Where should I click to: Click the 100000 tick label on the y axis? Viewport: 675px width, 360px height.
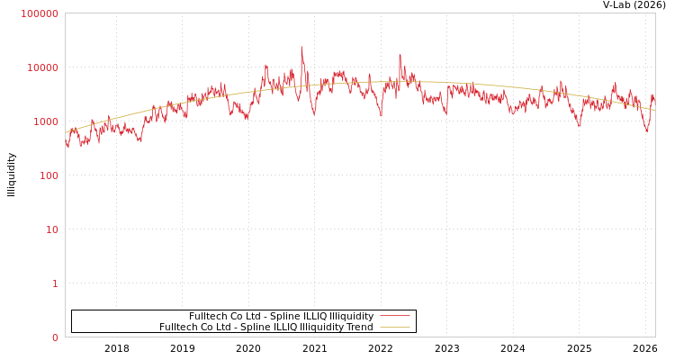pyautogui.click(x=40, y=13)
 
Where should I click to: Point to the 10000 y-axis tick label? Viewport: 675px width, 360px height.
pyautogui.click(x=42, y=67)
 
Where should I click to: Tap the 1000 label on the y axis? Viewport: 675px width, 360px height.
pyautogui.click(x=45, y=121)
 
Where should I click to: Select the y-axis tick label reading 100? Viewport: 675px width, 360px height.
pyautogui.click(x=48, y=175)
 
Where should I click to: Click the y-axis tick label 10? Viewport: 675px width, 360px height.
pyautogui.click(x=51, y=229)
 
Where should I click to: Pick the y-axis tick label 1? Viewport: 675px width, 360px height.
pyautogui.click(x=54, y=283)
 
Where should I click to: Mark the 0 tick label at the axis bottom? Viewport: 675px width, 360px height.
pyautogui.click(x=54, y=337)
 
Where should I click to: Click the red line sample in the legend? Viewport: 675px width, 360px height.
pyautogui.click(x=394, y=316)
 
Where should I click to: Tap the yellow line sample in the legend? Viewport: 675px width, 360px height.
pyautogui.click(x=394, y=327)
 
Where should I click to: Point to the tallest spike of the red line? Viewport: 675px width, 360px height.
pyautogui.click(x=301, y=48)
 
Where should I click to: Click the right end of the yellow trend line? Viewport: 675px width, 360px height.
pyautogui.click(x=654, y=110)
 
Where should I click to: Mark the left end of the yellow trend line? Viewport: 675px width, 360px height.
pyautogui.click(x=66, y=132)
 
